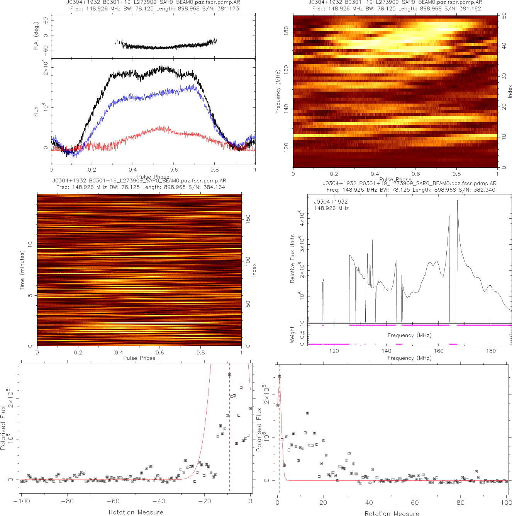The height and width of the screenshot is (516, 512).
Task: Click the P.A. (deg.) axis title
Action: click(36, 36)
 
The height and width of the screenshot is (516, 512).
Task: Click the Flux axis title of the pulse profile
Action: click(36, 111)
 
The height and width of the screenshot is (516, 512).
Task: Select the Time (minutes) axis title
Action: click(22, 270)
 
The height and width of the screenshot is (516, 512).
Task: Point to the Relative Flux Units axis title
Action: click(292, 259)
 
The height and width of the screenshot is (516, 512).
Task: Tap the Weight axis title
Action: click(292, 335)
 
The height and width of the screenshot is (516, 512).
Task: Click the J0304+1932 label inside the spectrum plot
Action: click(331, 202)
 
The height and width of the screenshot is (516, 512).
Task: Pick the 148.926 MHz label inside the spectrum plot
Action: click(331, 208)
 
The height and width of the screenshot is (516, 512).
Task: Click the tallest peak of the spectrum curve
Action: click(458, 200)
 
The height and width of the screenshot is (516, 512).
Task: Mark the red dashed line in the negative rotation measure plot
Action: click(229, 425)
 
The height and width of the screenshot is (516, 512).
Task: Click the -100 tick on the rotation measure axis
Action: click(21, 501)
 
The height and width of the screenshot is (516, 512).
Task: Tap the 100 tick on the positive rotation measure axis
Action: click(506, 502)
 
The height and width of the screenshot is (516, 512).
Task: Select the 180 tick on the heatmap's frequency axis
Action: click(286, 31)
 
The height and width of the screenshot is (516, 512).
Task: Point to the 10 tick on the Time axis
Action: click(30, 244)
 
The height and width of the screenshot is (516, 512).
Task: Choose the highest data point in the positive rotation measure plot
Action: click(280, 376)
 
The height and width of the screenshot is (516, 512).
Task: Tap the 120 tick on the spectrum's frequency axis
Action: click(334, 351)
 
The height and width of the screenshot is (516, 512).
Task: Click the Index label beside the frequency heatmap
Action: click(510, 92)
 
